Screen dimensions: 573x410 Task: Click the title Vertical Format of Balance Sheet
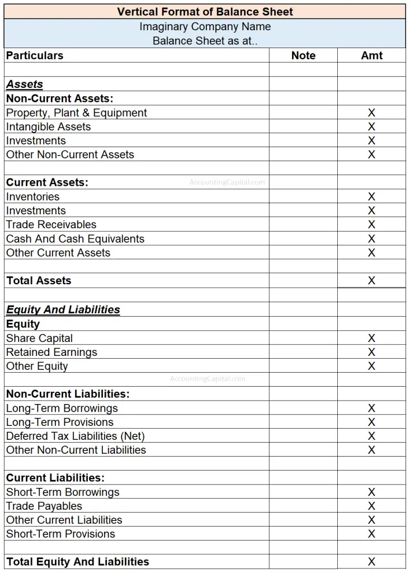205,12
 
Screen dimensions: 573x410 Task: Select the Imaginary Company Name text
205,27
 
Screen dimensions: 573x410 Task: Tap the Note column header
303,55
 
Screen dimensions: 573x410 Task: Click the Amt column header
371,55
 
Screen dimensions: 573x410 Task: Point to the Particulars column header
35,55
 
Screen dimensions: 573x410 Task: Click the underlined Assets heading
25,84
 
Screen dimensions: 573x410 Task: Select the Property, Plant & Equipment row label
77,112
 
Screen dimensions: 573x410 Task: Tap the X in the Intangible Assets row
371,126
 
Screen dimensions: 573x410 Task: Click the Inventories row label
32,196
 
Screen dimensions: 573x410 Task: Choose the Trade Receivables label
51,224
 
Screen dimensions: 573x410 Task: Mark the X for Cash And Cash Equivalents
371,239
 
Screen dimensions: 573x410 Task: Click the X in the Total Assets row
371,281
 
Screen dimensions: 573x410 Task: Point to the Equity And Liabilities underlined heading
63,310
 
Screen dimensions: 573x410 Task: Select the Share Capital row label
39,338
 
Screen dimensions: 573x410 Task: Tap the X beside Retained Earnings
371,352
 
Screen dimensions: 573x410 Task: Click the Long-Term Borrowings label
62,408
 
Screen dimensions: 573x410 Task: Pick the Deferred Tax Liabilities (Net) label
76,436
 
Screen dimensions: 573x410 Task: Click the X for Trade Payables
371,506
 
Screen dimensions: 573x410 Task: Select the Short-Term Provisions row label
60,534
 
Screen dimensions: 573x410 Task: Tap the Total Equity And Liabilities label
78,562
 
